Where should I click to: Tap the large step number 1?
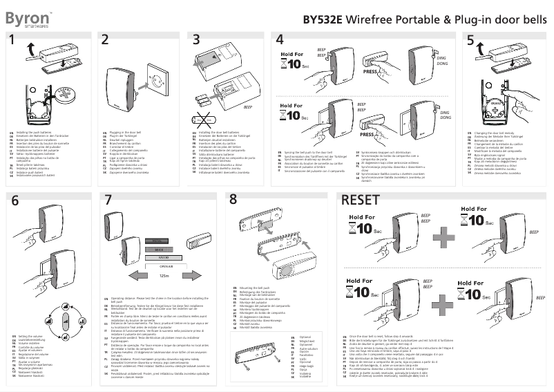tap(13, 41)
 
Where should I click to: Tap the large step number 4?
tap(278, 41)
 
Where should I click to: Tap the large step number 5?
tap(470, 41)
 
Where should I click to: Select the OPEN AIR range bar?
tap(164, 265)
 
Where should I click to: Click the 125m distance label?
tap(164, 275)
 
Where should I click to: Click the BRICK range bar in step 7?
tap(158, 247)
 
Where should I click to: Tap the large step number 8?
tap(233, 199)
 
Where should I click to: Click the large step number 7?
tap(107, 200)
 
